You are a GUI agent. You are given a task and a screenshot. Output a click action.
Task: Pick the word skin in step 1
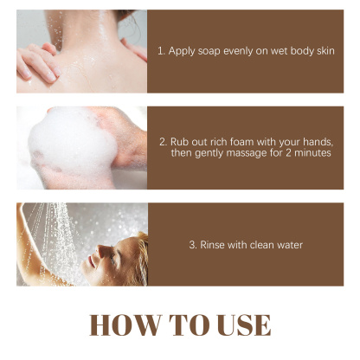click(x=324, y=52)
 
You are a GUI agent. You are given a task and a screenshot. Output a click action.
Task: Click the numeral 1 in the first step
click(x=160, y=52)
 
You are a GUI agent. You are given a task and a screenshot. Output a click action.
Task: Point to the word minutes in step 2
click(x=311, y=153)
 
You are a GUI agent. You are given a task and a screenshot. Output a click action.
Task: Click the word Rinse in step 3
click(x=213, y=245)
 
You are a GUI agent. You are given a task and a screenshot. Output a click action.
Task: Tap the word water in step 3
click(x=286, y=245)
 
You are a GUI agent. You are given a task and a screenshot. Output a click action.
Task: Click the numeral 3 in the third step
click(x=192, y=245)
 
